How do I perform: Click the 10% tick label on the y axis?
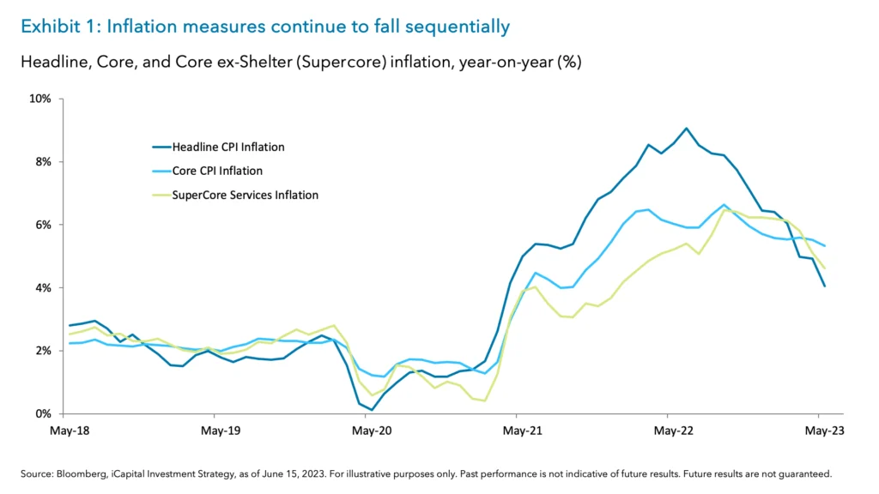click(39, 99)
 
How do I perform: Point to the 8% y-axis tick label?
click(42, 162)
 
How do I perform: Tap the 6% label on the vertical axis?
click(42, 225)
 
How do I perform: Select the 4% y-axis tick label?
click(42, 288)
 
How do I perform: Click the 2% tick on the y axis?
click(42, 351)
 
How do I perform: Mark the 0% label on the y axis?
click(42, 414)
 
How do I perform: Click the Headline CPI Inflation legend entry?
click(229, 147)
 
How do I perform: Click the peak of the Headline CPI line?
click(687, 129)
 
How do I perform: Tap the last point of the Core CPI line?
click(825, 246)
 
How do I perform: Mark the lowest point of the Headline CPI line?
click(372, 410)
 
